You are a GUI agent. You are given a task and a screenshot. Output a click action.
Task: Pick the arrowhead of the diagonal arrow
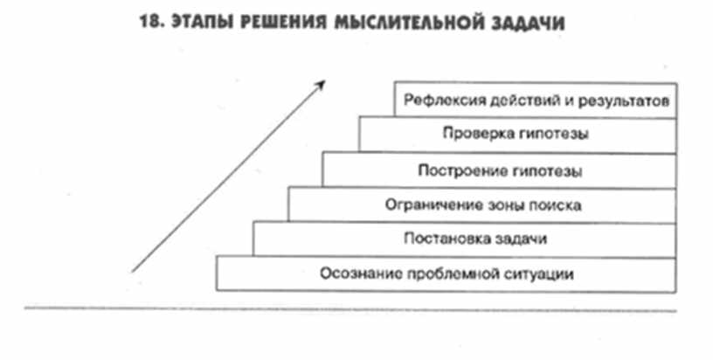[321, 82]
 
